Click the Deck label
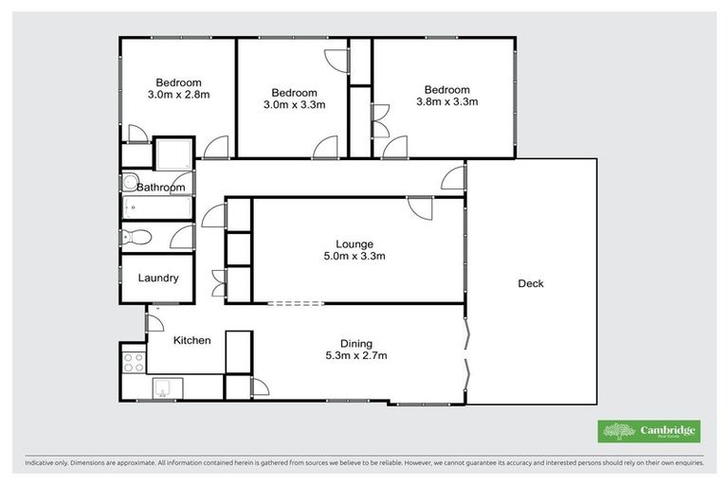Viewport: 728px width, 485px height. pyautogui.click(x=531, y=283)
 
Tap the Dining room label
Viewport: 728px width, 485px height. pyautogui.click(x=356, y=343)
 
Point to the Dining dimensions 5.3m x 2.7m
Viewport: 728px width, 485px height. pyautogui.click(x=356, y=356)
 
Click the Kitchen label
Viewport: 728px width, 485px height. pyautogui.click(x=191, y=340)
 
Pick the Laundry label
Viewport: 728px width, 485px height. pyautogui.click(x=157, y=278)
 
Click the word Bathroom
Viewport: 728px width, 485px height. pyautogui.click(x=160, y=188)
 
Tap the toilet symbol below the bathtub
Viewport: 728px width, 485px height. pyautogui.click(x=134, y=237)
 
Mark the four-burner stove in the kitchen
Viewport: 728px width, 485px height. pyautogui.click(x=133, y=361)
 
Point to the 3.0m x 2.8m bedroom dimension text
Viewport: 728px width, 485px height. pyautogui.click(x=177, y=95)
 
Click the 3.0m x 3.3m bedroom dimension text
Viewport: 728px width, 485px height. pyautogui.click(x=293, y=105)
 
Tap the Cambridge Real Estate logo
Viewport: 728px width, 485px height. pyautogui.click(x=648, y=431)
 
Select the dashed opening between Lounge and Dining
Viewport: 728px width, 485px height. pyautogui.click(x=297, y=304)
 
